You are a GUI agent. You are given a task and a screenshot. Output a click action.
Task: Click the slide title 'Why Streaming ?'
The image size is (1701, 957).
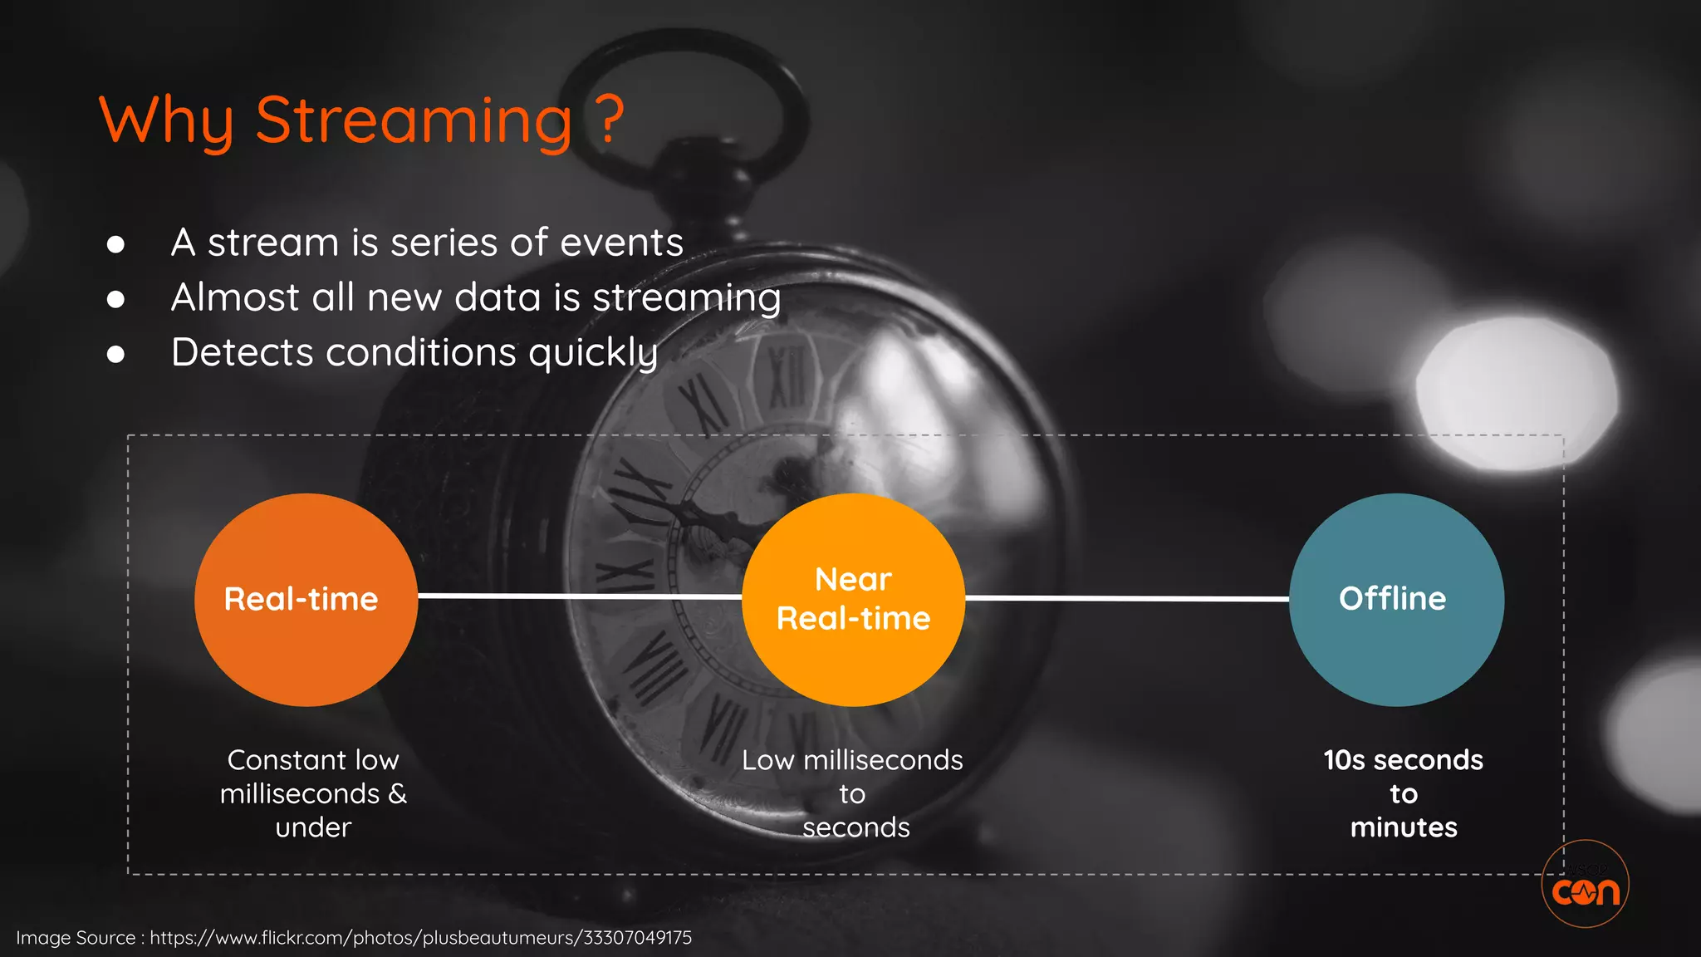(360, 121)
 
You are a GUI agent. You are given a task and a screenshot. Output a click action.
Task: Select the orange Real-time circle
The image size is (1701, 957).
(306, 600)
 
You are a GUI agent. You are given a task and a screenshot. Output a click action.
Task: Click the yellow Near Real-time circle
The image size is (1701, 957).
(853, 600)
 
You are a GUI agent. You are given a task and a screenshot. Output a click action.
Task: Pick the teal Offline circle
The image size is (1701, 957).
(1396, 600)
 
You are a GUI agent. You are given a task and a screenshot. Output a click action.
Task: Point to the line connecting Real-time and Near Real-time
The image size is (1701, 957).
(579, 596)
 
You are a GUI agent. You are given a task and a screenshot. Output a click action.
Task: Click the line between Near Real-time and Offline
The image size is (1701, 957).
(1126, 598)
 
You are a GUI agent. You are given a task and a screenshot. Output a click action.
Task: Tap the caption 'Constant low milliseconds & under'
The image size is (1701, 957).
(313, 793)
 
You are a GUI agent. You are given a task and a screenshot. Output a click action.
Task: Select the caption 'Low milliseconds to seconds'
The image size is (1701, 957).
(853, 793)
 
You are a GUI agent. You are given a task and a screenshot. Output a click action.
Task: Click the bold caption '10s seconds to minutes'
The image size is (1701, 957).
(1403, 793)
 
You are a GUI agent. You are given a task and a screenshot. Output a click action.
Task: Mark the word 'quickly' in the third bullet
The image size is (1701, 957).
(593, 353)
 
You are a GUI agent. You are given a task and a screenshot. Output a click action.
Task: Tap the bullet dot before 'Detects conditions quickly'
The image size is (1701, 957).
(116, 355)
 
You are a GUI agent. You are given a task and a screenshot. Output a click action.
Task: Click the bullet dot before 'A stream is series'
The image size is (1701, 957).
(116, 244)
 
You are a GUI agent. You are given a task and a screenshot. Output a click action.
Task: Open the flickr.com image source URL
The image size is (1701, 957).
(420, 938)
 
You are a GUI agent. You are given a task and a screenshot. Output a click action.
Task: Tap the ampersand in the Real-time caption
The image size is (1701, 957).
(397, 793)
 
